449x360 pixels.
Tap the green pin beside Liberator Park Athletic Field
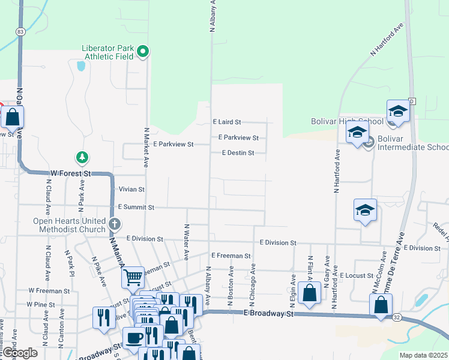click(x=143, y=52)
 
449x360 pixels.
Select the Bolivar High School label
click(x=347, y=122)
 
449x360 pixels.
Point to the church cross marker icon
click(x=115, y=225)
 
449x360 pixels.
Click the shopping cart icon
click(x=133, y=278)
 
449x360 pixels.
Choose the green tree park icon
click(x=82, y=158)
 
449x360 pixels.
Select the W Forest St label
click(x=70, y=173)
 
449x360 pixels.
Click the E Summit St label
click(x=136, y=207)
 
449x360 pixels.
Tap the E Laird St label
click(x=227, y=121)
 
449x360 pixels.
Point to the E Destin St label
click(x=238, y=153)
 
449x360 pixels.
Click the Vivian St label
click(x=132, y=189)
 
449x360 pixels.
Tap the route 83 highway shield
click(x=21, y=31)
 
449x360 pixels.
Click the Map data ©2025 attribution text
click(x=424, y=355)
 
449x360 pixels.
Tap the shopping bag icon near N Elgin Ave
click(x=310, y=293)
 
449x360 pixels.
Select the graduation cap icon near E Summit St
click(x=365, y=210)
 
